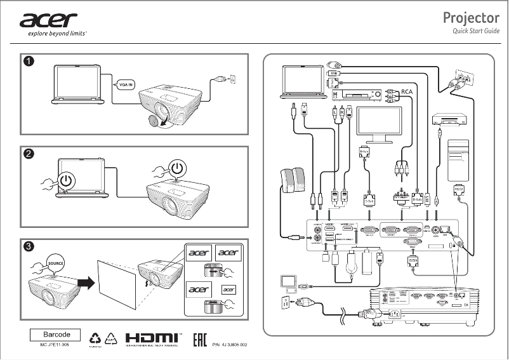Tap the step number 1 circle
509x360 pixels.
(x=29, y=61)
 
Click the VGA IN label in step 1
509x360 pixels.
(x=126, y=84)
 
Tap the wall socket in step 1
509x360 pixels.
(x=232, y=79)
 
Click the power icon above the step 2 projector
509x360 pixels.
(x=179, y=169)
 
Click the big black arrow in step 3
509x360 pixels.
(x=84, y=280)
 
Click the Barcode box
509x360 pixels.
(x=56, y=334)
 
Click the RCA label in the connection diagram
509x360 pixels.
(x=407, y=91)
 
